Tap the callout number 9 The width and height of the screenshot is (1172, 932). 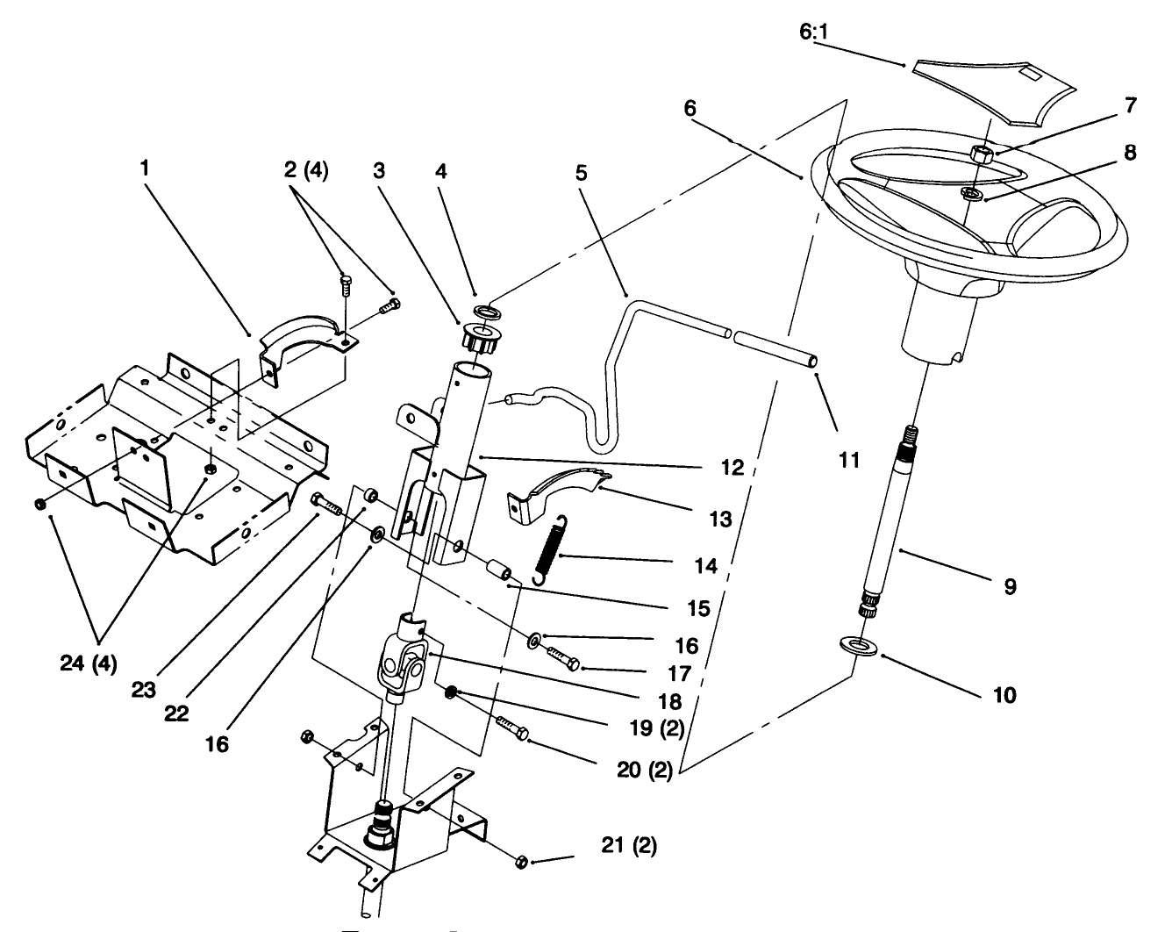[x=1010, y=586]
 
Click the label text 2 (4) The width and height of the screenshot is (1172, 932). [x=306, y=172]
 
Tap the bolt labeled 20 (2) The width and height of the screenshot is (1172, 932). [x=512, y=727]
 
